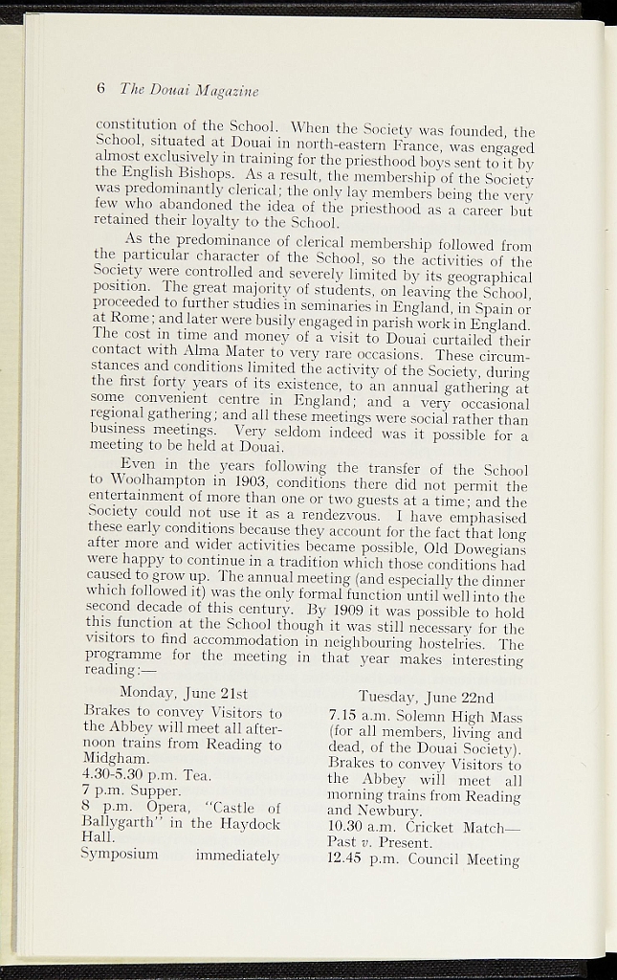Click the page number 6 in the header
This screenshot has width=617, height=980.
click(x=100, y=89)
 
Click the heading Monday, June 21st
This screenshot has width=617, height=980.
click(x=184, y=693)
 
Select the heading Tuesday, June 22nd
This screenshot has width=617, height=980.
click(x=426, y=697)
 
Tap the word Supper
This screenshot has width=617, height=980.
click(x=155, y=791)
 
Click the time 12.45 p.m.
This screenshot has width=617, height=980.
click(x=364, y=859)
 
